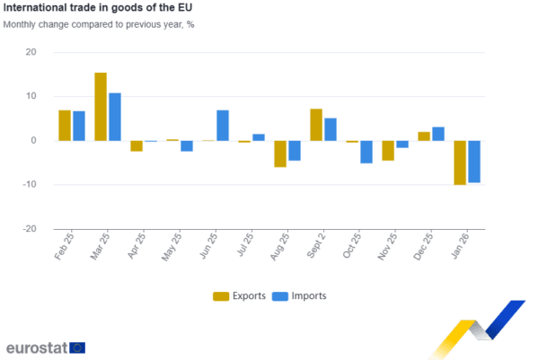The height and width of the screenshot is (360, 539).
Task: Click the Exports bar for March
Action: (x=100, y=106)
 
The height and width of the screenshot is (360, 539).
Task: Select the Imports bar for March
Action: (x=114, y=117)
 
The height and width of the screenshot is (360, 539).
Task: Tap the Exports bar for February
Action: (x=64, y=126)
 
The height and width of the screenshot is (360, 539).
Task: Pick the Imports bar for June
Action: (x=223, y=126)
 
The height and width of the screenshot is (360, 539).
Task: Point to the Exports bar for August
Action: (x=280, y=154)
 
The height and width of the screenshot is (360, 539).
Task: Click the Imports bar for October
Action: (x=367, y=152)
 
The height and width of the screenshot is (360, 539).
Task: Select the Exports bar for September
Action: (x=315, y=125)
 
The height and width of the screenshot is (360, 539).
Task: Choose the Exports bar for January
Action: (x=460, y=162)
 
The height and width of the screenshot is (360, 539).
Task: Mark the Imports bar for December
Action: (x=438, y=134)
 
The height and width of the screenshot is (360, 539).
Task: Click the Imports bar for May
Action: (x=187, y=146)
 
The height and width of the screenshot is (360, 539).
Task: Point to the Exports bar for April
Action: (x=137, y=146)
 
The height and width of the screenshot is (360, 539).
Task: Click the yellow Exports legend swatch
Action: (x=220, y=296)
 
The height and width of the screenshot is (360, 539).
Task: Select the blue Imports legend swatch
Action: (x=279, y=296)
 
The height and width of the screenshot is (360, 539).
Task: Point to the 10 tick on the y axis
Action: (x=32, y=96)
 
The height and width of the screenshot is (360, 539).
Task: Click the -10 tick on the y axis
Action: (x=31, y=185)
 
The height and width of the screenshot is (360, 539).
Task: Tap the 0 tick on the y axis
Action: (x=34, y=141)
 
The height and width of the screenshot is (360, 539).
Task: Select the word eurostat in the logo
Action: (x=36, y=347)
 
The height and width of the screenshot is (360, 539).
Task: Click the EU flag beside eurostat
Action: (x=78, y=347)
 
